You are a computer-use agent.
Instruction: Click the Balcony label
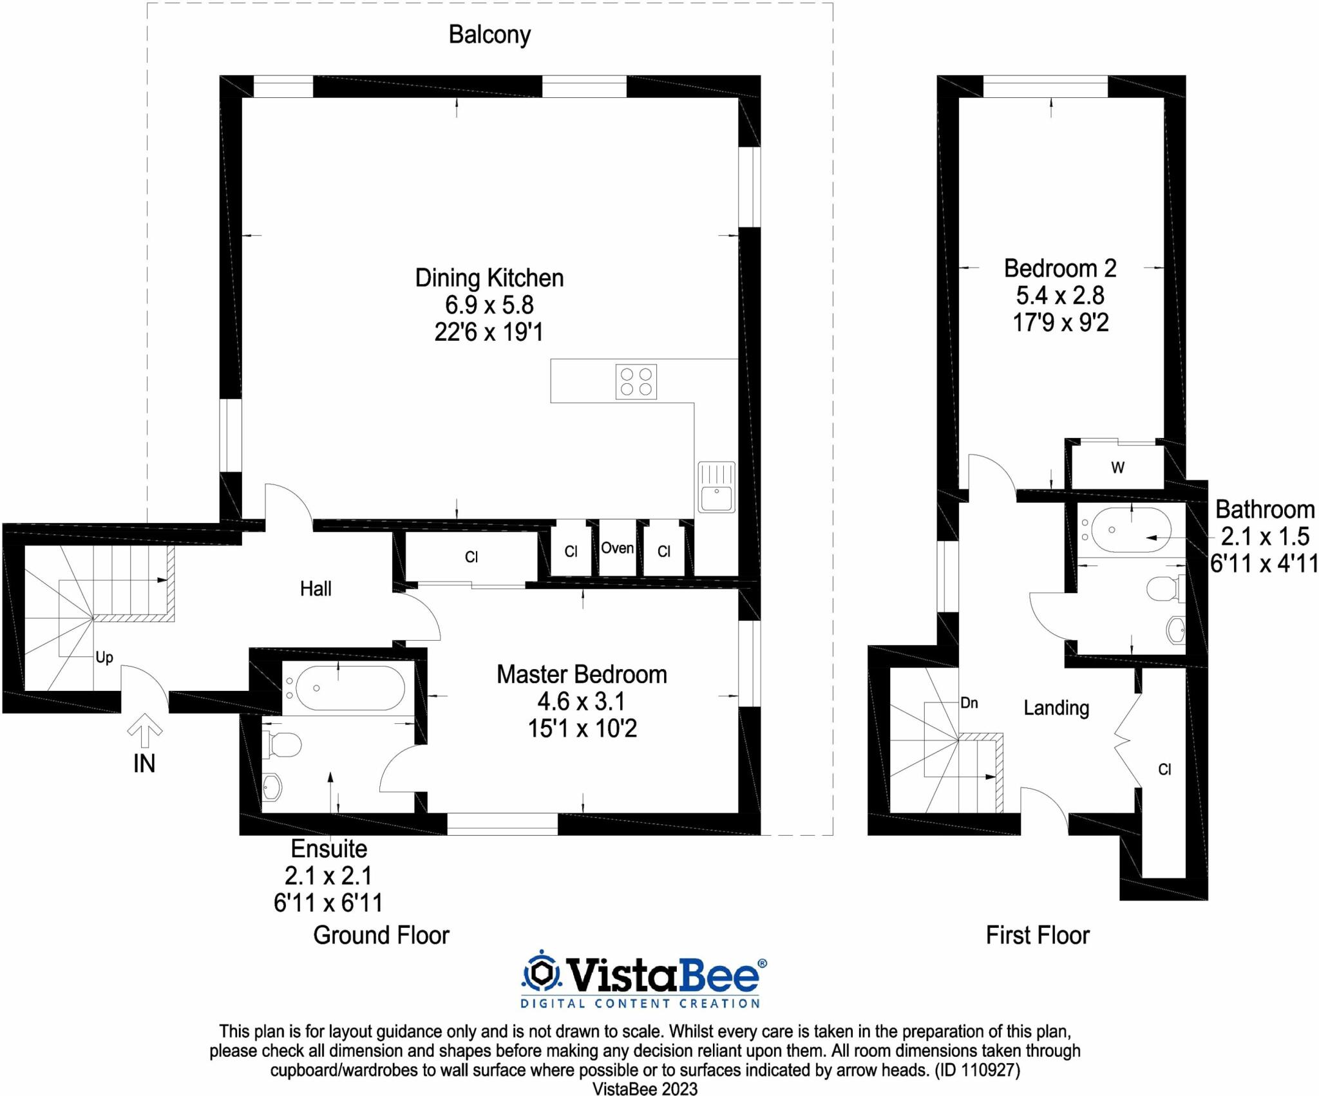point(489,35)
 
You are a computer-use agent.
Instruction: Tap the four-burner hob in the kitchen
point(636,381)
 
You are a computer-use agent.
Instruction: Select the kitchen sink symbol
point(716,487)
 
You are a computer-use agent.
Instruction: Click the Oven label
point(617,548)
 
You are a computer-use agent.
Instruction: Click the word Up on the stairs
point(104,657)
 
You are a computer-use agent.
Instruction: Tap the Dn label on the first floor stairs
point(969,703)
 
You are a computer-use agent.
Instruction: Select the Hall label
point(316,588)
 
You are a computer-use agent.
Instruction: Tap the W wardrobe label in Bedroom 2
point(1117,468)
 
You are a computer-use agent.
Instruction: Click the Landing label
point(1056,708)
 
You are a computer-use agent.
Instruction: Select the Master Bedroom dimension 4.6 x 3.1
point(582,701)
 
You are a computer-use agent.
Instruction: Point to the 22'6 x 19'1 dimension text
point(489,332)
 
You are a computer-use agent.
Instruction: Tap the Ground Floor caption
point(381,934)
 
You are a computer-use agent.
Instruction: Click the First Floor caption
point(1038,934)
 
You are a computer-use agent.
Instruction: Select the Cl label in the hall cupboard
point(471,557)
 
